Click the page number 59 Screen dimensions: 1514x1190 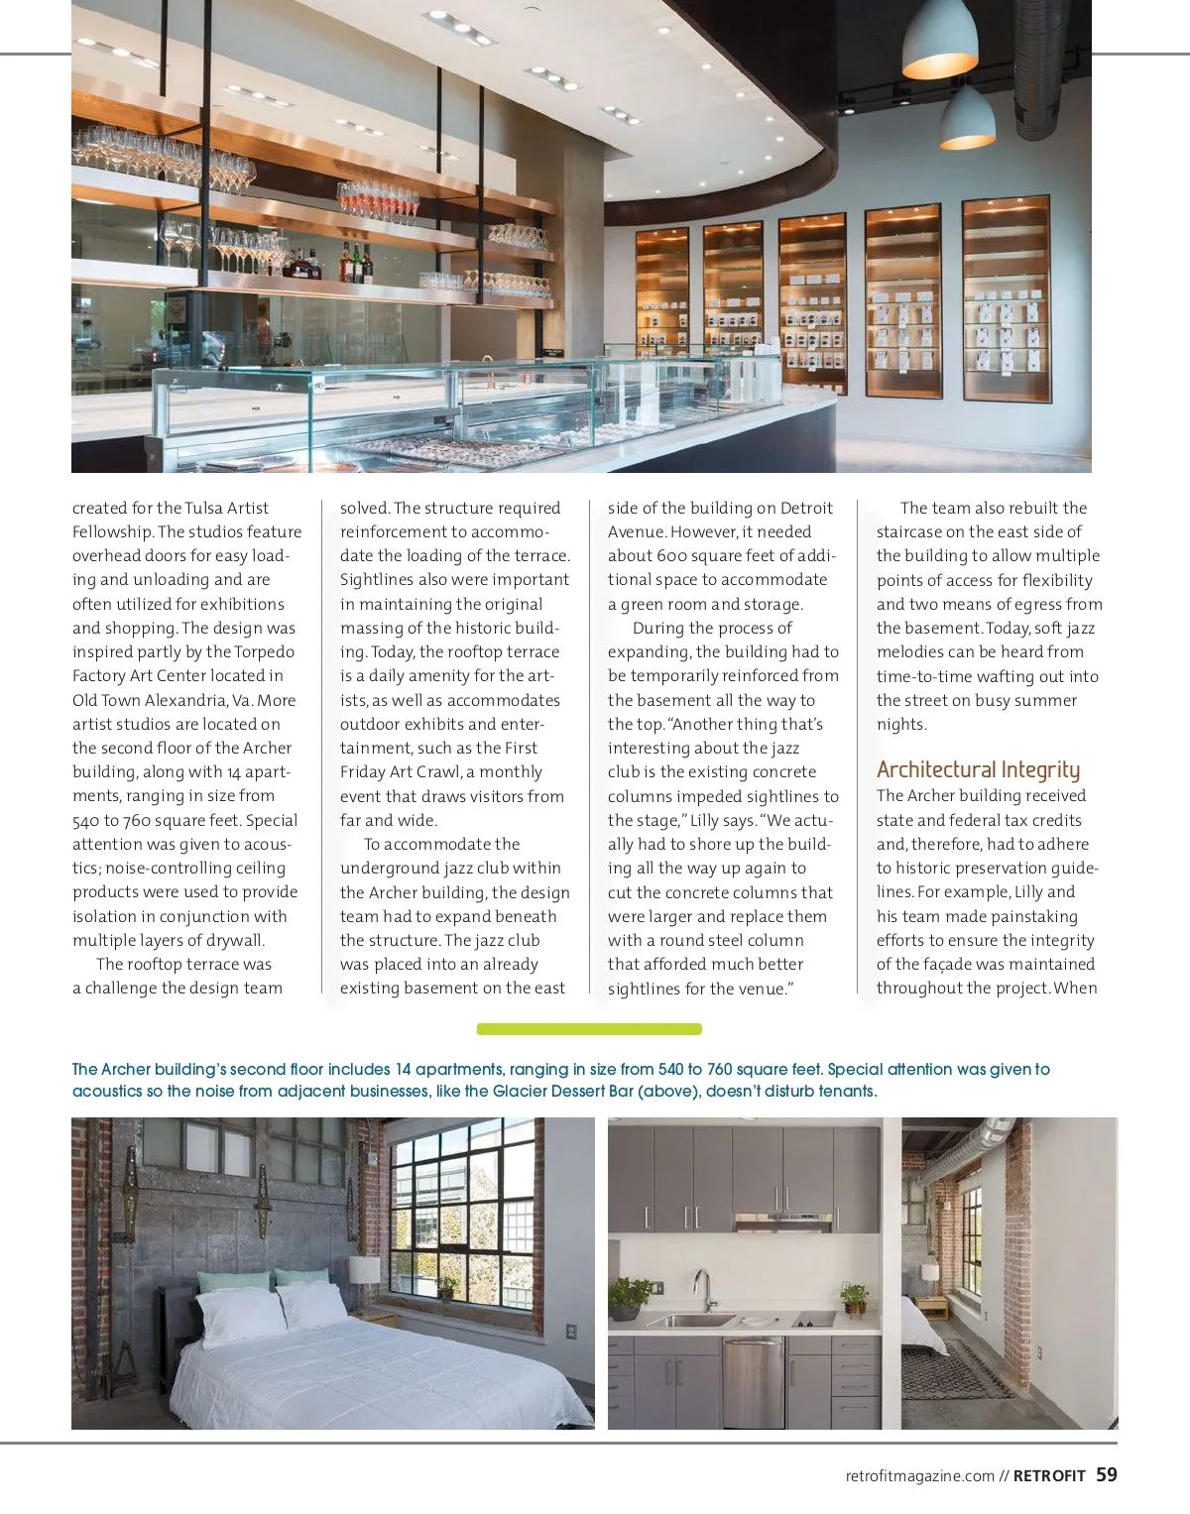tap(1107, 1474)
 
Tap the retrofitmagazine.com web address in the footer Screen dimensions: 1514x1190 tap(919, 1476)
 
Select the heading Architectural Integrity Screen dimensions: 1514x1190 tap(978, 769)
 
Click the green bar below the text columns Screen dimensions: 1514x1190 tap(589, 1029)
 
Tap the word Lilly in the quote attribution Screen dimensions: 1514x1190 tap(704, 820)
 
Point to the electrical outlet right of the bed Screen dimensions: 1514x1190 tap(570, 1332)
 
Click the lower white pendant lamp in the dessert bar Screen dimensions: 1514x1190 tap(966, 119)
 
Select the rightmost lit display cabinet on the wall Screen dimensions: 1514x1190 tap(1006, 298)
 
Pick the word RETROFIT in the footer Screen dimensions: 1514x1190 tap(1049, 1476)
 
